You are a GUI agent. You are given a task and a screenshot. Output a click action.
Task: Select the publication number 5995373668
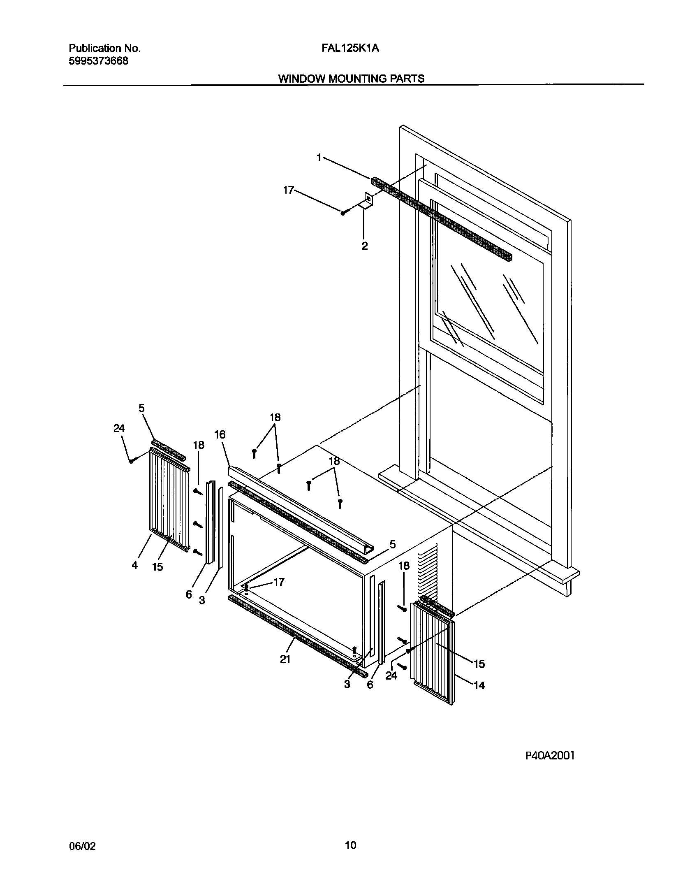(x=98, y=61)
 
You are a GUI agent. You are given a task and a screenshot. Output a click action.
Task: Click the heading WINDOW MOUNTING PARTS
(x=351, y=79)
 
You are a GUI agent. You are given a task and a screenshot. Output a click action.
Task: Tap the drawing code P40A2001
(x=550, y=756)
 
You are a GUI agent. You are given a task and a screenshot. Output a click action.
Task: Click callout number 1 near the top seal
(x=319, y=157)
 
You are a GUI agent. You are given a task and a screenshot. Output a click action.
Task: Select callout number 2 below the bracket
(x=365, y=246)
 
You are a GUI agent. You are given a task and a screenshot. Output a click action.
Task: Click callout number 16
(x=220, y=434)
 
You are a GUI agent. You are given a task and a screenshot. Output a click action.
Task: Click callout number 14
(x=479, y=685)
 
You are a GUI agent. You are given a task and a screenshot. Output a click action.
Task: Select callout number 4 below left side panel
(x=135, y=565)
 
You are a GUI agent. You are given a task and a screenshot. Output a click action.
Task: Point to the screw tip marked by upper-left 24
(x=131, y=462)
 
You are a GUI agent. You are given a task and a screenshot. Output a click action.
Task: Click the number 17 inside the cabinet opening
(x=279, y=582)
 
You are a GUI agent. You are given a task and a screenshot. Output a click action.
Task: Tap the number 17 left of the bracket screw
(x=289, y=190)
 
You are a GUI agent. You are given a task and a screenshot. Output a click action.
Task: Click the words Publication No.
(x=104, y=49)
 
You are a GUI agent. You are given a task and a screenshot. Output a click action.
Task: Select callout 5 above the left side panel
(x=141, y=408)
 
